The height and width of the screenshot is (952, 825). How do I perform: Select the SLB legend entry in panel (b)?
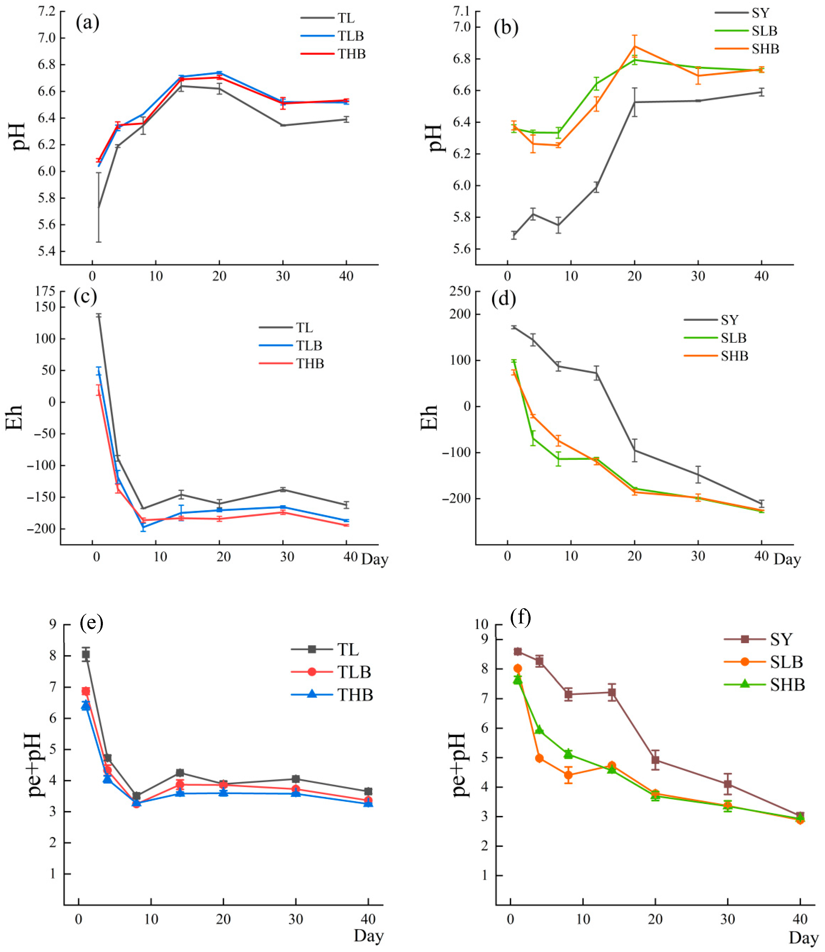tap(764, 31)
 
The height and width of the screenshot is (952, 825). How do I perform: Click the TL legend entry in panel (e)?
tap(348, 650)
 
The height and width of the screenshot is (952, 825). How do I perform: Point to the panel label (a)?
tap(87, 22)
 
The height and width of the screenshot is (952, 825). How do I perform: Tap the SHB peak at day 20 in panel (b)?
tap(635, 45)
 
